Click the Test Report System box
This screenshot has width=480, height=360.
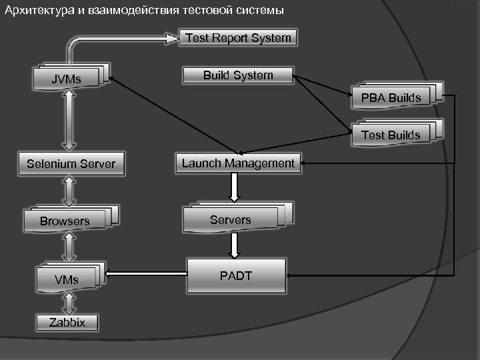point(238,38)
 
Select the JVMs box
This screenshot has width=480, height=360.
point(67,80)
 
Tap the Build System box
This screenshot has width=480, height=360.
point(238,75)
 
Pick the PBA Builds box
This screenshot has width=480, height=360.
point(391,98)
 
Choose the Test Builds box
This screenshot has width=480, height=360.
point(391,135)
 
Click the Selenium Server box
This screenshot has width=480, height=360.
point(71,164)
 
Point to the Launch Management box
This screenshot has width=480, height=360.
point(238,163)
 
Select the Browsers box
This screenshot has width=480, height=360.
point(65,221)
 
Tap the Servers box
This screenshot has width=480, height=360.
point(231,220)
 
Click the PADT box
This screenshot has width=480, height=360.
point(236,276)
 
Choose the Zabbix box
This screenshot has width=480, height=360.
point(67,323)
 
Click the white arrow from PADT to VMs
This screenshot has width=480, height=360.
point(147,273)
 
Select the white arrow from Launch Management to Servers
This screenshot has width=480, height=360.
point(234,187)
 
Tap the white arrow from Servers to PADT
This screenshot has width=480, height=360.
point(234,245)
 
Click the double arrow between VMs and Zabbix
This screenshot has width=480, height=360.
point(67,303)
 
